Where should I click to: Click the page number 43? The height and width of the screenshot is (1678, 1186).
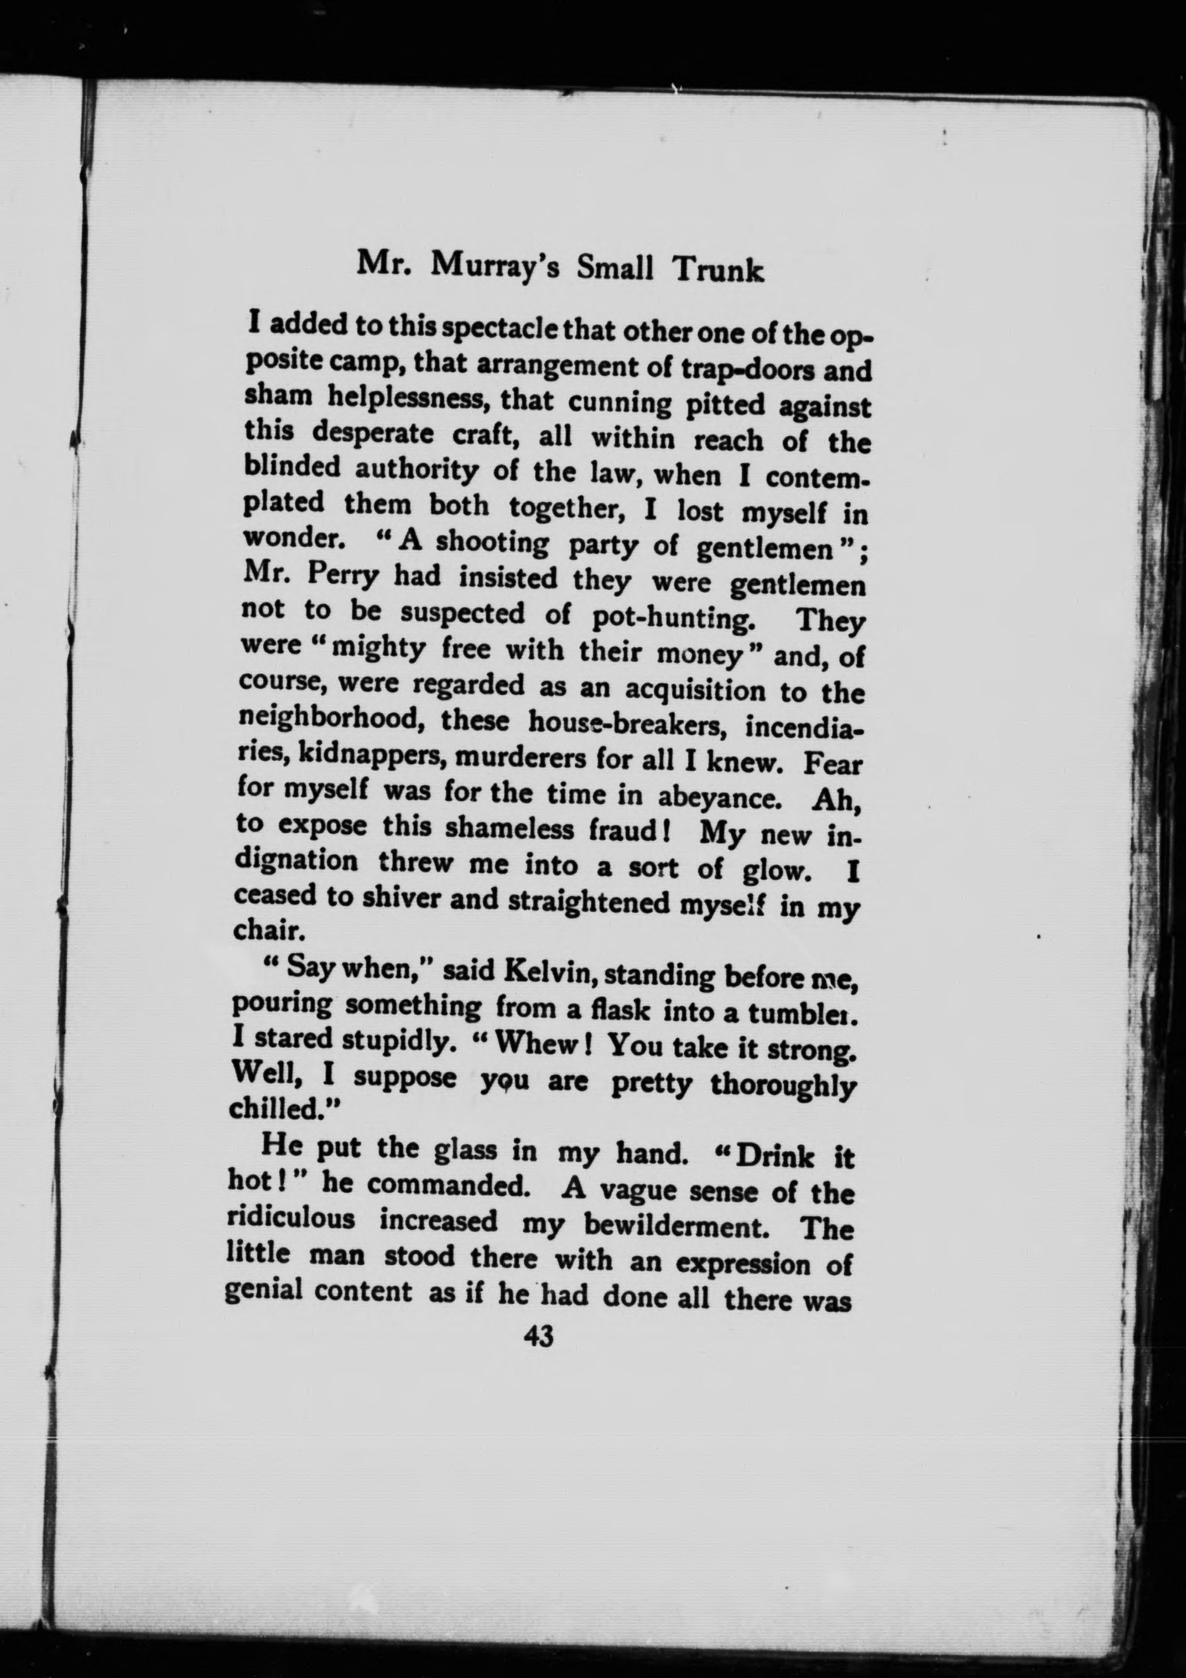(539, 1337)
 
